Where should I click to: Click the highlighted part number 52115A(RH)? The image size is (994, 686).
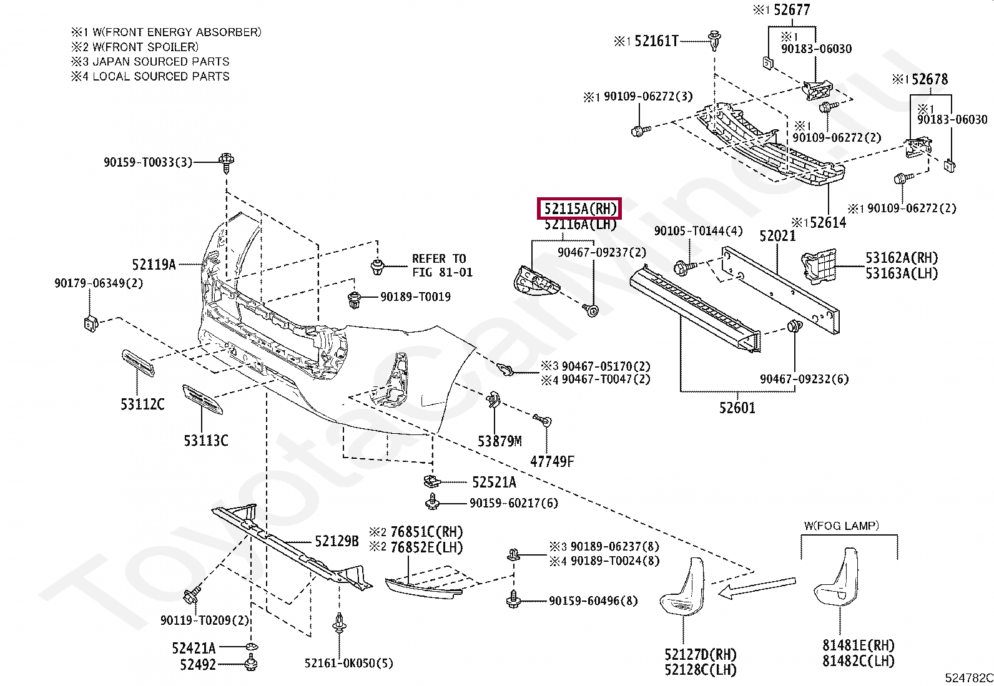[580, 209]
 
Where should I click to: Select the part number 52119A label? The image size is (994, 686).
[154, 265]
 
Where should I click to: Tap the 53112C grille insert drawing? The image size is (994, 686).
[139, 364]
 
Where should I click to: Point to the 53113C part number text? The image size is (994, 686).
[206, 441]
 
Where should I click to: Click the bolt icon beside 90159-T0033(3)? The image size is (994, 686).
[226, 162]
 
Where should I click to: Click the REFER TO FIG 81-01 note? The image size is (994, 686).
[442, 265]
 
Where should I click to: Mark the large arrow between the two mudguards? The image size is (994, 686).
[757, 587]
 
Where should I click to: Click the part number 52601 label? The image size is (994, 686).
[737, 408]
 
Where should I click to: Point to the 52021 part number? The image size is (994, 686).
[777, 236]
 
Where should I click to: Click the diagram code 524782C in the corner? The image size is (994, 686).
[968, 677]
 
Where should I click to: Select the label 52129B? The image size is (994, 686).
[337, 541]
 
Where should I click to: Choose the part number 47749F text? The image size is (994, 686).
[552, 461]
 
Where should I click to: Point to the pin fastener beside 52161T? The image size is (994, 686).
[714, 41]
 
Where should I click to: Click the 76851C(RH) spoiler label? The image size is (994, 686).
[426, 532]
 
